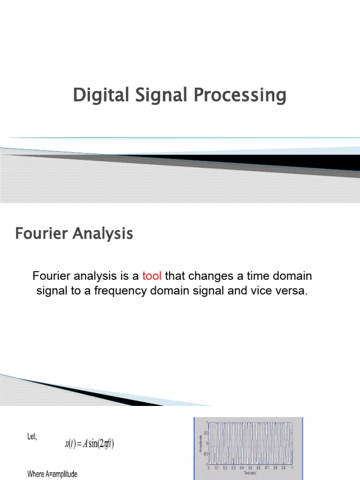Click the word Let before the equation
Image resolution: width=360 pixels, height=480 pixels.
pos(31,437)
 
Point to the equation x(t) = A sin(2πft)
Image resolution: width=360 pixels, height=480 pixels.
pos(90,443)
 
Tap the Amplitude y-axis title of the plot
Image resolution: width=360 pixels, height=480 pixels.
pos(201,443)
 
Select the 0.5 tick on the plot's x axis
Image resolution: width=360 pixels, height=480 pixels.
pos(250,468)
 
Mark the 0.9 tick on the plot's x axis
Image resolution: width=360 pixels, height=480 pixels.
pos(284,468)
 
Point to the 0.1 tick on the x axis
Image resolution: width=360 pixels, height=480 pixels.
pos(217,468)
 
